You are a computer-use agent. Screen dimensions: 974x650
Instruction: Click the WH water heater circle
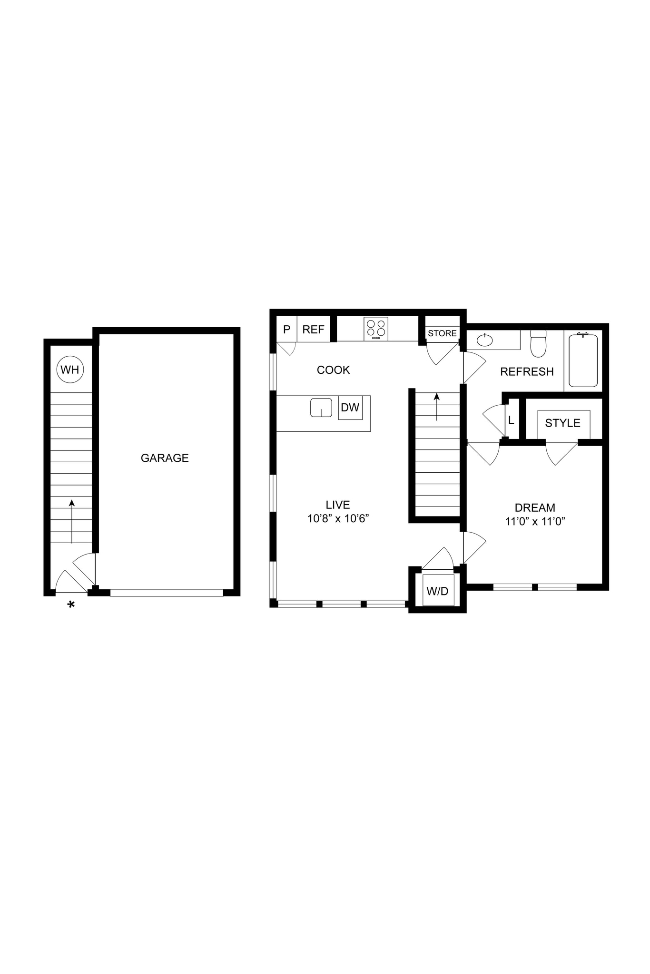(x=70, y=370)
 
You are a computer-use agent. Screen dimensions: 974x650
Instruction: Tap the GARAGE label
(x=165, y=458)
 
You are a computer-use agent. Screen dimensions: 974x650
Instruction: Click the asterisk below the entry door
(x=71, y=605)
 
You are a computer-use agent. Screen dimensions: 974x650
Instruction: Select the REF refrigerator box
(x=313, y=330)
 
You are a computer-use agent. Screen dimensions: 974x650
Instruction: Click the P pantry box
(x=286, y=330)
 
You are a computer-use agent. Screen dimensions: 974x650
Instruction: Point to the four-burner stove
(x=376, y=329)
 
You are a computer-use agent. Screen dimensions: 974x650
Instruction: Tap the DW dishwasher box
(x=350, y=408)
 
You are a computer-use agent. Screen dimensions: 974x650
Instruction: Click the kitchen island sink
(x=321, y=408)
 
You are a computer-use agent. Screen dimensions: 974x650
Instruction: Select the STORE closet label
(x=442, y=333)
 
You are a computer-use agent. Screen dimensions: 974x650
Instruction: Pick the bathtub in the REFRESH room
(x=583, y=360)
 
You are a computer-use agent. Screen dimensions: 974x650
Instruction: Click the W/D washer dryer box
(x=438, y=591)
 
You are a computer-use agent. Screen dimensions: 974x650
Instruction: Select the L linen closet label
(x=511, y=420)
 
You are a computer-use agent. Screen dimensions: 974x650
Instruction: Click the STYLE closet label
(x=562, y=423)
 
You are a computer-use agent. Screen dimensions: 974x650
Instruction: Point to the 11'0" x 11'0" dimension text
(x=535, y=521)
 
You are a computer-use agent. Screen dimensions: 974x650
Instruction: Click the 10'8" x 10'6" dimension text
(x=338, y=518)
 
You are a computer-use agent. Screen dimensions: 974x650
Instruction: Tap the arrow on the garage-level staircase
(x=72, y=521)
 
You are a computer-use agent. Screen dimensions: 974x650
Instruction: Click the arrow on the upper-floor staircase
(x=437, y=407)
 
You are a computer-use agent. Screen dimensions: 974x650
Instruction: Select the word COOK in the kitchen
(x=333, y=370)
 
